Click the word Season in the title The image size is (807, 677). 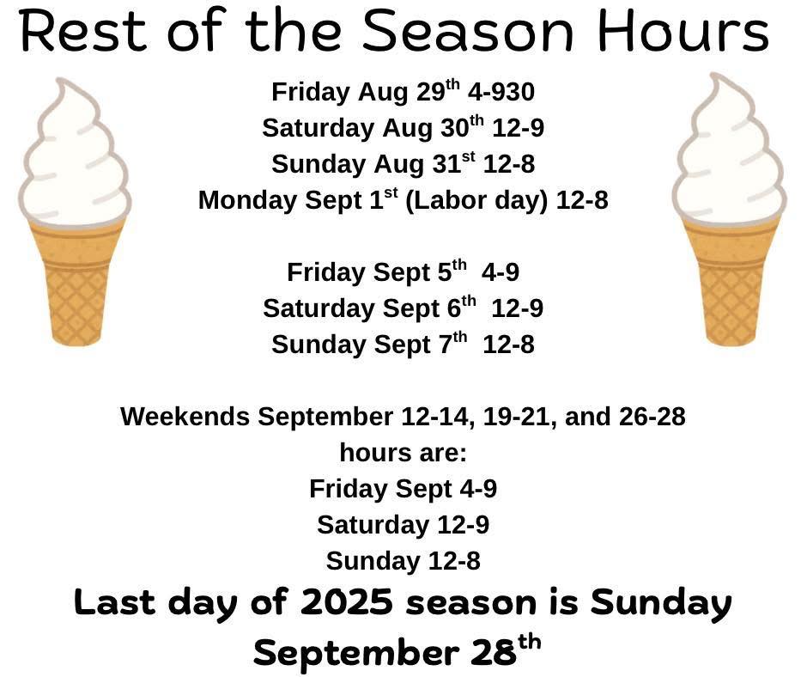point(468,30)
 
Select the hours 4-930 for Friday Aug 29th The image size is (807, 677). point(501,92)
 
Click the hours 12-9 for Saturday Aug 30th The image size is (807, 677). point(518,128)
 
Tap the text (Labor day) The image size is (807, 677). point(476,201)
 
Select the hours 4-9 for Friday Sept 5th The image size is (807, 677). point(501,272)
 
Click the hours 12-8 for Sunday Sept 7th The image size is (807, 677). point(508,345)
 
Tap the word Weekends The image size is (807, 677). point(185,417)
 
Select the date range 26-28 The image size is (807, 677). point(652,417)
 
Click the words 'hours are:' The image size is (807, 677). point(403,453)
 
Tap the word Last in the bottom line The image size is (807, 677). point(115,601)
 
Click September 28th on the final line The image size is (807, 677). point(397,651)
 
